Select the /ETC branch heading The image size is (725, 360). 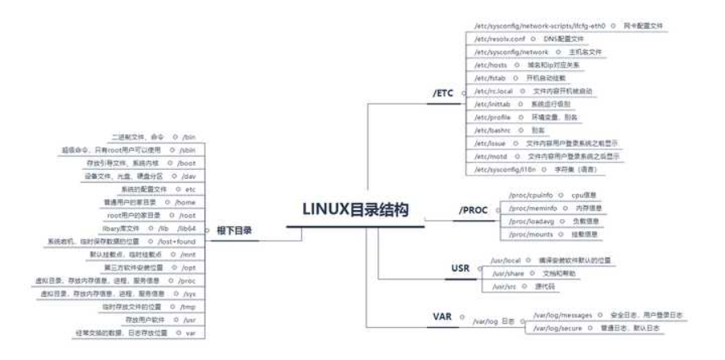pos(444,93)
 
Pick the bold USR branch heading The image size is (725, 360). pos(460,267)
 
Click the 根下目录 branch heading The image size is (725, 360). pos(234,230)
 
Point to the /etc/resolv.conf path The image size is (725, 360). pos(501,39)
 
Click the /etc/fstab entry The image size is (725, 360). pos(491,78)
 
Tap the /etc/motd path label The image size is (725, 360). pos(491,156)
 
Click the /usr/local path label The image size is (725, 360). pos(507,262)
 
